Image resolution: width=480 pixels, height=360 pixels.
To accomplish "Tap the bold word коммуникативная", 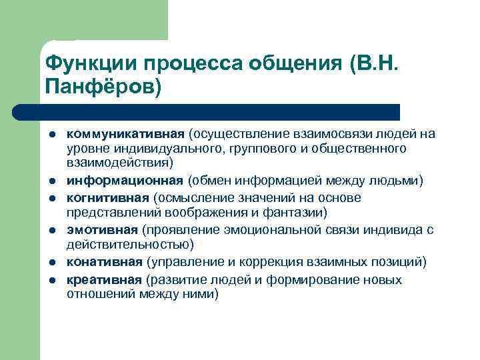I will pos(125,134).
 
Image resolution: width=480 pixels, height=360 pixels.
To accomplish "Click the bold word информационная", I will pos(125,181).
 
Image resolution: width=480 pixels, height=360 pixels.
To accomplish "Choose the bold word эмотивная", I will pos(103,229).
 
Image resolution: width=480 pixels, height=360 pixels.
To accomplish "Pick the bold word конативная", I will pos(104,261).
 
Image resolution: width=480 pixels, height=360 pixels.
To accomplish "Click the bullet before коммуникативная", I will pos(51,135).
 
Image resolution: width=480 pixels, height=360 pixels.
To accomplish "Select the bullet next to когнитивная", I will pos(51,198).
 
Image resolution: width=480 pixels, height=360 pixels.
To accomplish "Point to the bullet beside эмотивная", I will pos(51,230).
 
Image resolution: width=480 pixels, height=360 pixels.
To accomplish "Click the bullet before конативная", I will pos(51,262).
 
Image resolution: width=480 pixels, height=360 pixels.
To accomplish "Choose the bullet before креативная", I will pos(51,279).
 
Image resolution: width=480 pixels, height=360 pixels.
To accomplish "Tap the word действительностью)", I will pos(130,245).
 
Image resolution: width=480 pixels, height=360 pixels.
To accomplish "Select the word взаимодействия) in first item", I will pos(119,162).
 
